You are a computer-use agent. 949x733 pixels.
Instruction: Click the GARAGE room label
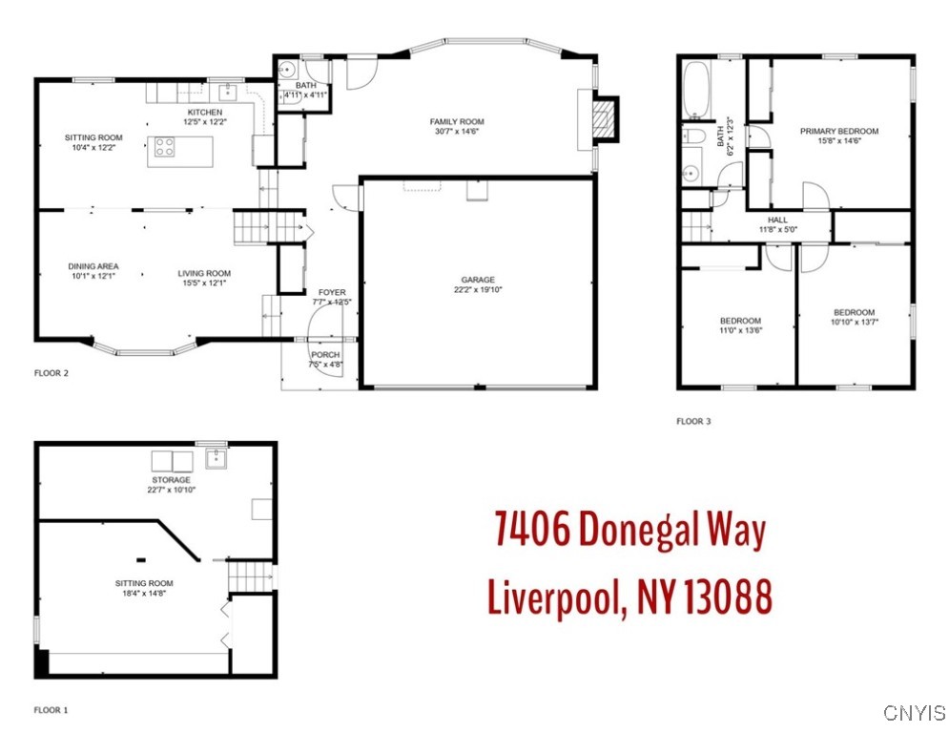[478, 280]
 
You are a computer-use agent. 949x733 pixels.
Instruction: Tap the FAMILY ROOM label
[457, 122]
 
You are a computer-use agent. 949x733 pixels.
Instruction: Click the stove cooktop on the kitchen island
[164, 147]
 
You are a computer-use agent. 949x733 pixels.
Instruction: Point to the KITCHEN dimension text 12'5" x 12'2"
[205, 122]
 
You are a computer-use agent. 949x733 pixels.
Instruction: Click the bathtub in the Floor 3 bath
[696, 90]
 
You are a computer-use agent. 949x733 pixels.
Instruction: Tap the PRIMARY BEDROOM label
[839, 131]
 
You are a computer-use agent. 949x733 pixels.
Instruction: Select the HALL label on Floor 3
[777, 220]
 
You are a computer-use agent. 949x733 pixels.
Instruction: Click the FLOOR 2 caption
[52, 373]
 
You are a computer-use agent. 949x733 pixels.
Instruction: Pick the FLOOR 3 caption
[693, 421]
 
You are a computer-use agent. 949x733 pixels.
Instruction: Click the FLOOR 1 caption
[52, 710]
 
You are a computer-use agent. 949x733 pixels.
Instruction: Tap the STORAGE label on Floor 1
[172, 480]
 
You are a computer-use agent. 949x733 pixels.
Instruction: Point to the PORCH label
[325, 355]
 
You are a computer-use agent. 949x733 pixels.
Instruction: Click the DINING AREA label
[93, 266]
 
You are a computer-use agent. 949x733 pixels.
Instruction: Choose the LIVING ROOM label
[204, 273]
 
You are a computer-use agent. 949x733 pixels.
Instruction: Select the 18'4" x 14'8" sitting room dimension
[144, 593]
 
